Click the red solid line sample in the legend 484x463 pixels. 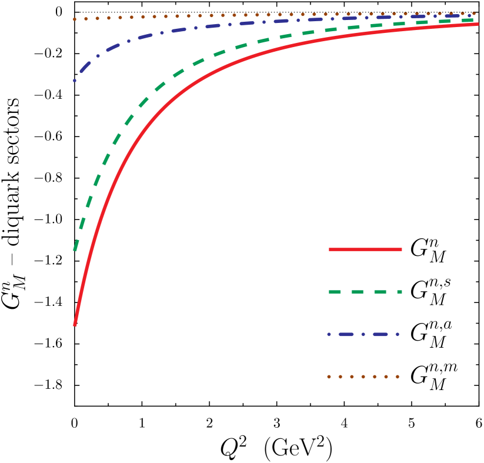pyautogui.click(x=365, y=249)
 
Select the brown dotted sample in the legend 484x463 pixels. pyautogui.click(x=363, y=377)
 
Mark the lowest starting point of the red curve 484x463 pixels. pyautogui.click(x=75, y=324)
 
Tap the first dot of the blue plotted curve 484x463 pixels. pyautogui.click(x=75, y=80)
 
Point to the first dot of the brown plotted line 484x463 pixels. pyautogui.click(x=75, y=19)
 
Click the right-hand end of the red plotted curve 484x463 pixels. pyautogui.click(x=478, y=24)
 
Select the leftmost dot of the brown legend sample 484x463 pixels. pyautogui.click(x=329, y=377)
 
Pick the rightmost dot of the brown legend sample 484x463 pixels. pyautogui.click(x=398, y=377)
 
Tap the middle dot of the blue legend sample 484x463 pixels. pyautogui.click(x=363, y=334)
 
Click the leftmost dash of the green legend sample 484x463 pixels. pyautogui.click(x=335, y=292)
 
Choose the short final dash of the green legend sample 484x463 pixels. pyautogui.click(x=399, y=292)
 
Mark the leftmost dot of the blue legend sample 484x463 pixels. pyautogui.click(x=329, y=334)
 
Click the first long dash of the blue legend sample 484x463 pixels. pyautogui.click(x=346, y=334)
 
